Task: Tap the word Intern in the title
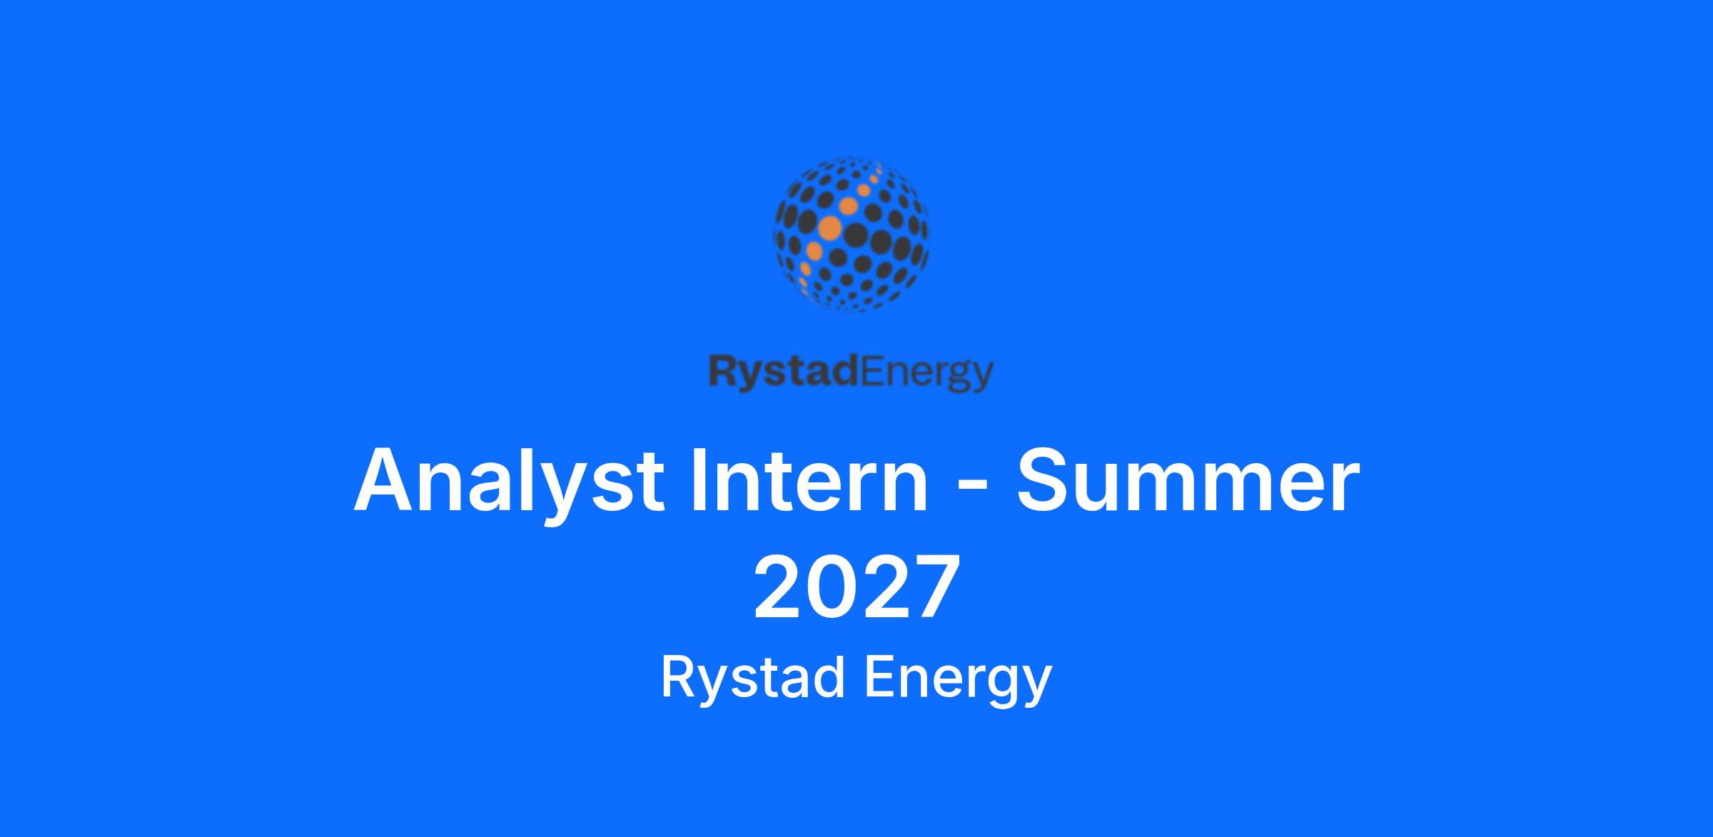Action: [x=809, y=480]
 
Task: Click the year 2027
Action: [x=856, y=587]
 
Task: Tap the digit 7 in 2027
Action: [x=933, y=587]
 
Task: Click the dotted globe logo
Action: [x=852, y=234]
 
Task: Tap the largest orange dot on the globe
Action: [x=830, y=228]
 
